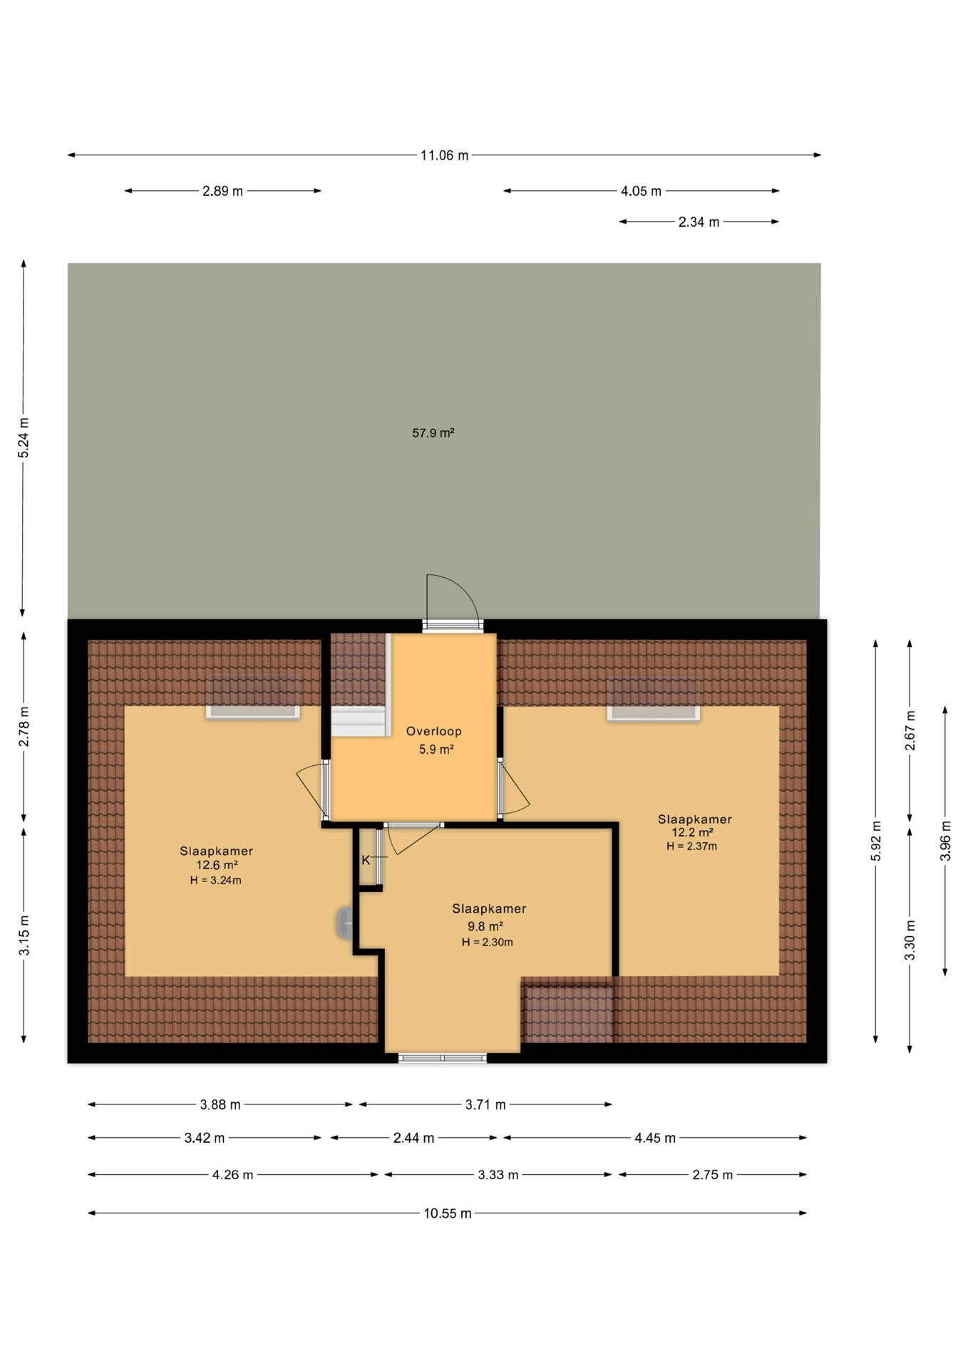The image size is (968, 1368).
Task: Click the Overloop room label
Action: pos(434,731)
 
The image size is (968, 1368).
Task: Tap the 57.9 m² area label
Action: pos(433,432)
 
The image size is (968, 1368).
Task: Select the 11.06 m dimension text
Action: pos(444,155)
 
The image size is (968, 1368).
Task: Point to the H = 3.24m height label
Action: pos(215,880)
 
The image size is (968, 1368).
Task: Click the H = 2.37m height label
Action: pos(691,846)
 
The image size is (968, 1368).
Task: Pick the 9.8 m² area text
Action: pos(485,926)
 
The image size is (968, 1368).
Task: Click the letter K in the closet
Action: pos(366,860)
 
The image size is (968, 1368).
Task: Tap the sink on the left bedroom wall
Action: pos(345,923)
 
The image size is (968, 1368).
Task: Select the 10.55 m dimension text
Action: pos(448,1213)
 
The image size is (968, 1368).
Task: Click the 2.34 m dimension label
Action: pos(699,222)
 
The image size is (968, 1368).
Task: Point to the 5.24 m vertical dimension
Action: pos(24,438)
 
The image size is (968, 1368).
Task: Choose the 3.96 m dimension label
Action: pos(945,841)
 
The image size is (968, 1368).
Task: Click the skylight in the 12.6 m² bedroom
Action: pos(253,698)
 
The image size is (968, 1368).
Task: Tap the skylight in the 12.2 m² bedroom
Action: pos(654,699)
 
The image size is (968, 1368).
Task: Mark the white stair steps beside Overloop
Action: pos(359,721)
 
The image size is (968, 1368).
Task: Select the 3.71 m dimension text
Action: pos(485,1105)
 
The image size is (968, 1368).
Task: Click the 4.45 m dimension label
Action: pos(655,1139)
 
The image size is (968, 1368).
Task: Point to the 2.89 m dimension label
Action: pos(222,191)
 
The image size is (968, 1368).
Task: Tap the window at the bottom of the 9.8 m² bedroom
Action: pos(443,1058)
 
